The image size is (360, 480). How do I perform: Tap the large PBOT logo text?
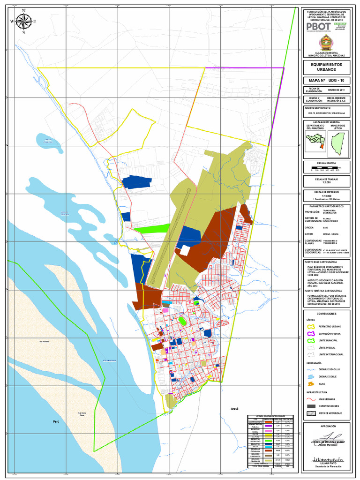tap(318, 27)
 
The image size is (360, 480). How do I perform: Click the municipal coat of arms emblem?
tap(324, 43)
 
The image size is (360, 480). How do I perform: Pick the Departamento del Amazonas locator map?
tap(315, 140)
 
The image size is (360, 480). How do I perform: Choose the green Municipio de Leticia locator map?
tap(338, 143)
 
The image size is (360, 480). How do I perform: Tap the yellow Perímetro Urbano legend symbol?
tap(311, 326)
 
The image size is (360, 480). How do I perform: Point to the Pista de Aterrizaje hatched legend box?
tap(311, 413)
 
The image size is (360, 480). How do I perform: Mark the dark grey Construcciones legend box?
tap(311, 405)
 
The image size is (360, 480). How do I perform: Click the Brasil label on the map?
tap(234, 409)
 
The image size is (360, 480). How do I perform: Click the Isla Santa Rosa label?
tap(81, 414)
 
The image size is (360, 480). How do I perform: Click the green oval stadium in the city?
tap(182, 321)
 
